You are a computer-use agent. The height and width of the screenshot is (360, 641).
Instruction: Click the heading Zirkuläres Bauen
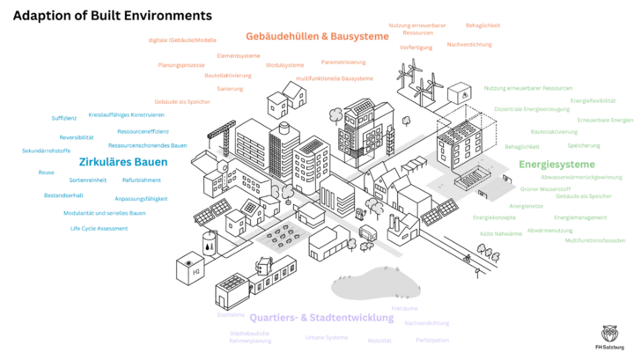tap(123, 162)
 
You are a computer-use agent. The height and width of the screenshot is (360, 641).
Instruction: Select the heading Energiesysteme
tap(556, 165)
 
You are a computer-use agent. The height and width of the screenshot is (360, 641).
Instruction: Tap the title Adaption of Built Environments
tap(112, 16)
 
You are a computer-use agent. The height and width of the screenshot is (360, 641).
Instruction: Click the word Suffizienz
tap(64, 118)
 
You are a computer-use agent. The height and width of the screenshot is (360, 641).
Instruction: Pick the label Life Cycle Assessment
tap(99, 229)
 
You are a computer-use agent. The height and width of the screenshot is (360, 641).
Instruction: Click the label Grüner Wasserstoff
tap(545, 188)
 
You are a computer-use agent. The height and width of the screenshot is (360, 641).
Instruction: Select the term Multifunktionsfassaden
tap(595, 240)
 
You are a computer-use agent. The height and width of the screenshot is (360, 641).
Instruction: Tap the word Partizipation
tap(431, 340)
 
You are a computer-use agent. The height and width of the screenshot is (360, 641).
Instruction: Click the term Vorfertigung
tap(416, 47)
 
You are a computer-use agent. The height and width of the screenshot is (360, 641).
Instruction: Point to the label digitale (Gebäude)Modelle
tap(182, 40)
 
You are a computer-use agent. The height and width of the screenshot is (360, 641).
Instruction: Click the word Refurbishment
tap(141, 180)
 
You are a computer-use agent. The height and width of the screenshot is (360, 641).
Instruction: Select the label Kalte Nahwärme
tap(500, 233)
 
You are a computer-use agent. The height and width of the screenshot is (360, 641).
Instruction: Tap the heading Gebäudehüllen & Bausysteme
tap(316, 37)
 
